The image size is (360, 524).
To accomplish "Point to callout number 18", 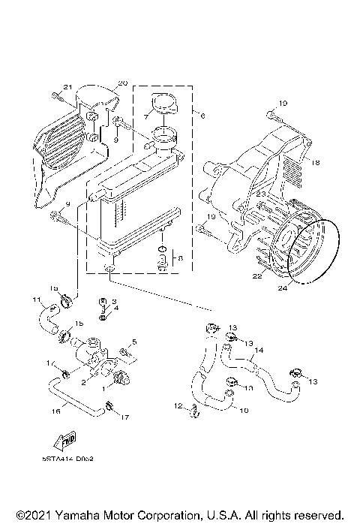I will (315, 162).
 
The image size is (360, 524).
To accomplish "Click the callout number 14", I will (258, 350).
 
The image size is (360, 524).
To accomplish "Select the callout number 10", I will (243, 410).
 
